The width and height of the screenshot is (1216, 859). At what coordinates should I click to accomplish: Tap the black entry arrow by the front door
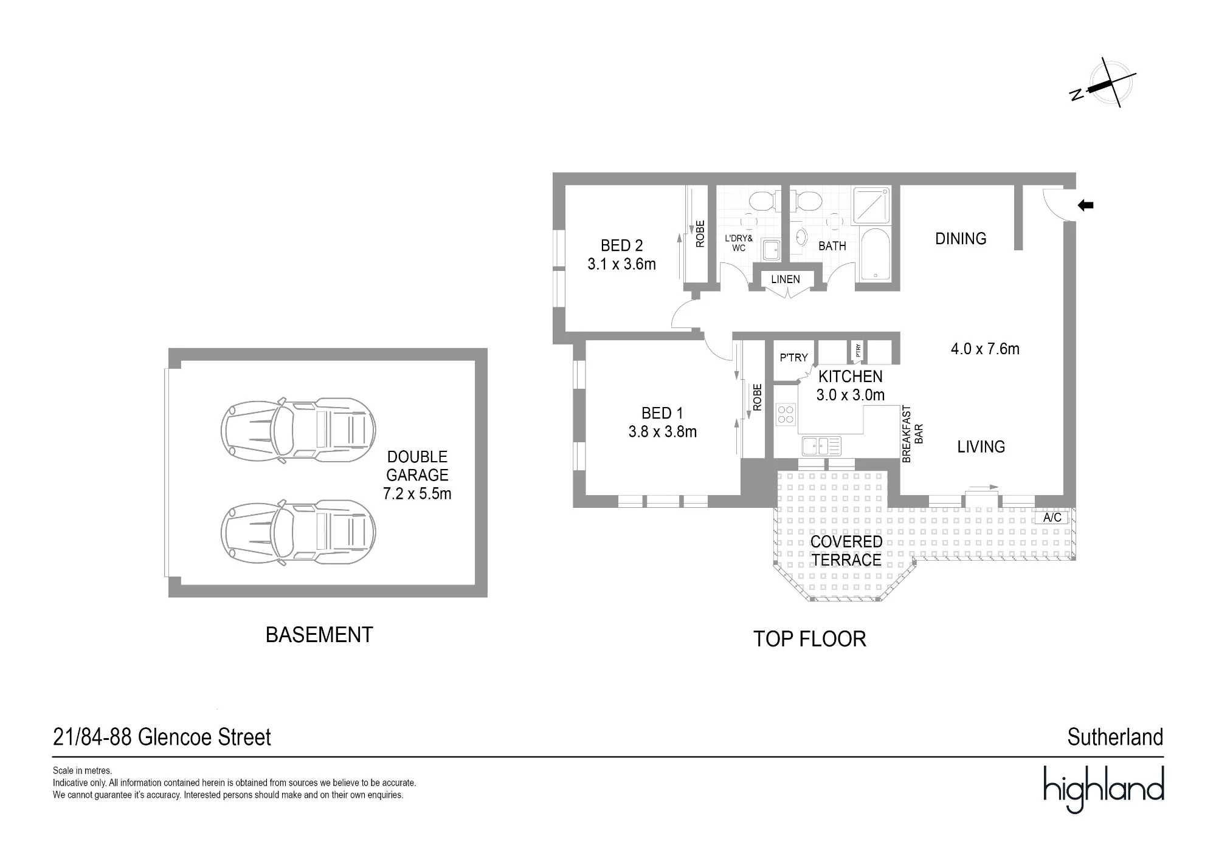click(1085, 205)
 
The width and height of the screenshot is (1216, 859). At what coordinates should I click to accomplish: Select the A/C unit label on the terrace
click(1052, 518)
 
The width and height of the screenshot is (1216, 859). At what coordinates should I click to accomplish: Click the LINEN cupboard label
click(786, 279)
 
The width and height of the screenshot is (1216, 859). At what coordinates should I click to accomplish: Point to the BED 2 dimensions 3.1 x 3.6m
click(621, 264)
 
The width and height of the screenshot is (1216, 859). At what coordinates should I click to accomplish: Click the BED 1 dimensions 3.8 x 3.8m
click(662, 432)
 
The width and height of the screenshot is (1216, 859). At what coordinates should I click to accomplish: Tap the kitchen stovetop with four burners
click(786, 414)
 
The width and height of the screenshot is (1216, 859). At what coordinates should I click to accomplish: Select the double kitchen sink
click(821, 446)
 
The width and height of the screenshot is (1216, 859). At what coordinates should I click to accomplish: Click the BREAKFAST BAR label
click(913, 434)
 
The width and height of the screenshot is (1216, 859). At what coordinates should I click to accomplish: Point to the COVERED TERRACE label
click(846, 551)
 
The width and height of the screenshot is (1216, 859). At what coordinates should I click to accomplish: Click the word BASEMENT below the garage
click(319, 635)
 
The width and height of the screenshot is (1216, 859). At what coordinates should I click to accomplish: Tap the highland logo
click(1104, 789)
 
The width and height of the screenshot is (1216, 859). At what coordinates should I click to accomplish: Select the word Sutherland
click(1115, 738)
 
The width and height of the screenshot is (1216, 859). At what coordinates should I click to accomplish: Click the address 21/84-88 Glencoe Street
click(162, 738)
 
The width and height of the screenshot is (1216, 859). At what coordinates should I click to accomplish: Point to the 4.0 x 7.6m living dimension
click(985, 349)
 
